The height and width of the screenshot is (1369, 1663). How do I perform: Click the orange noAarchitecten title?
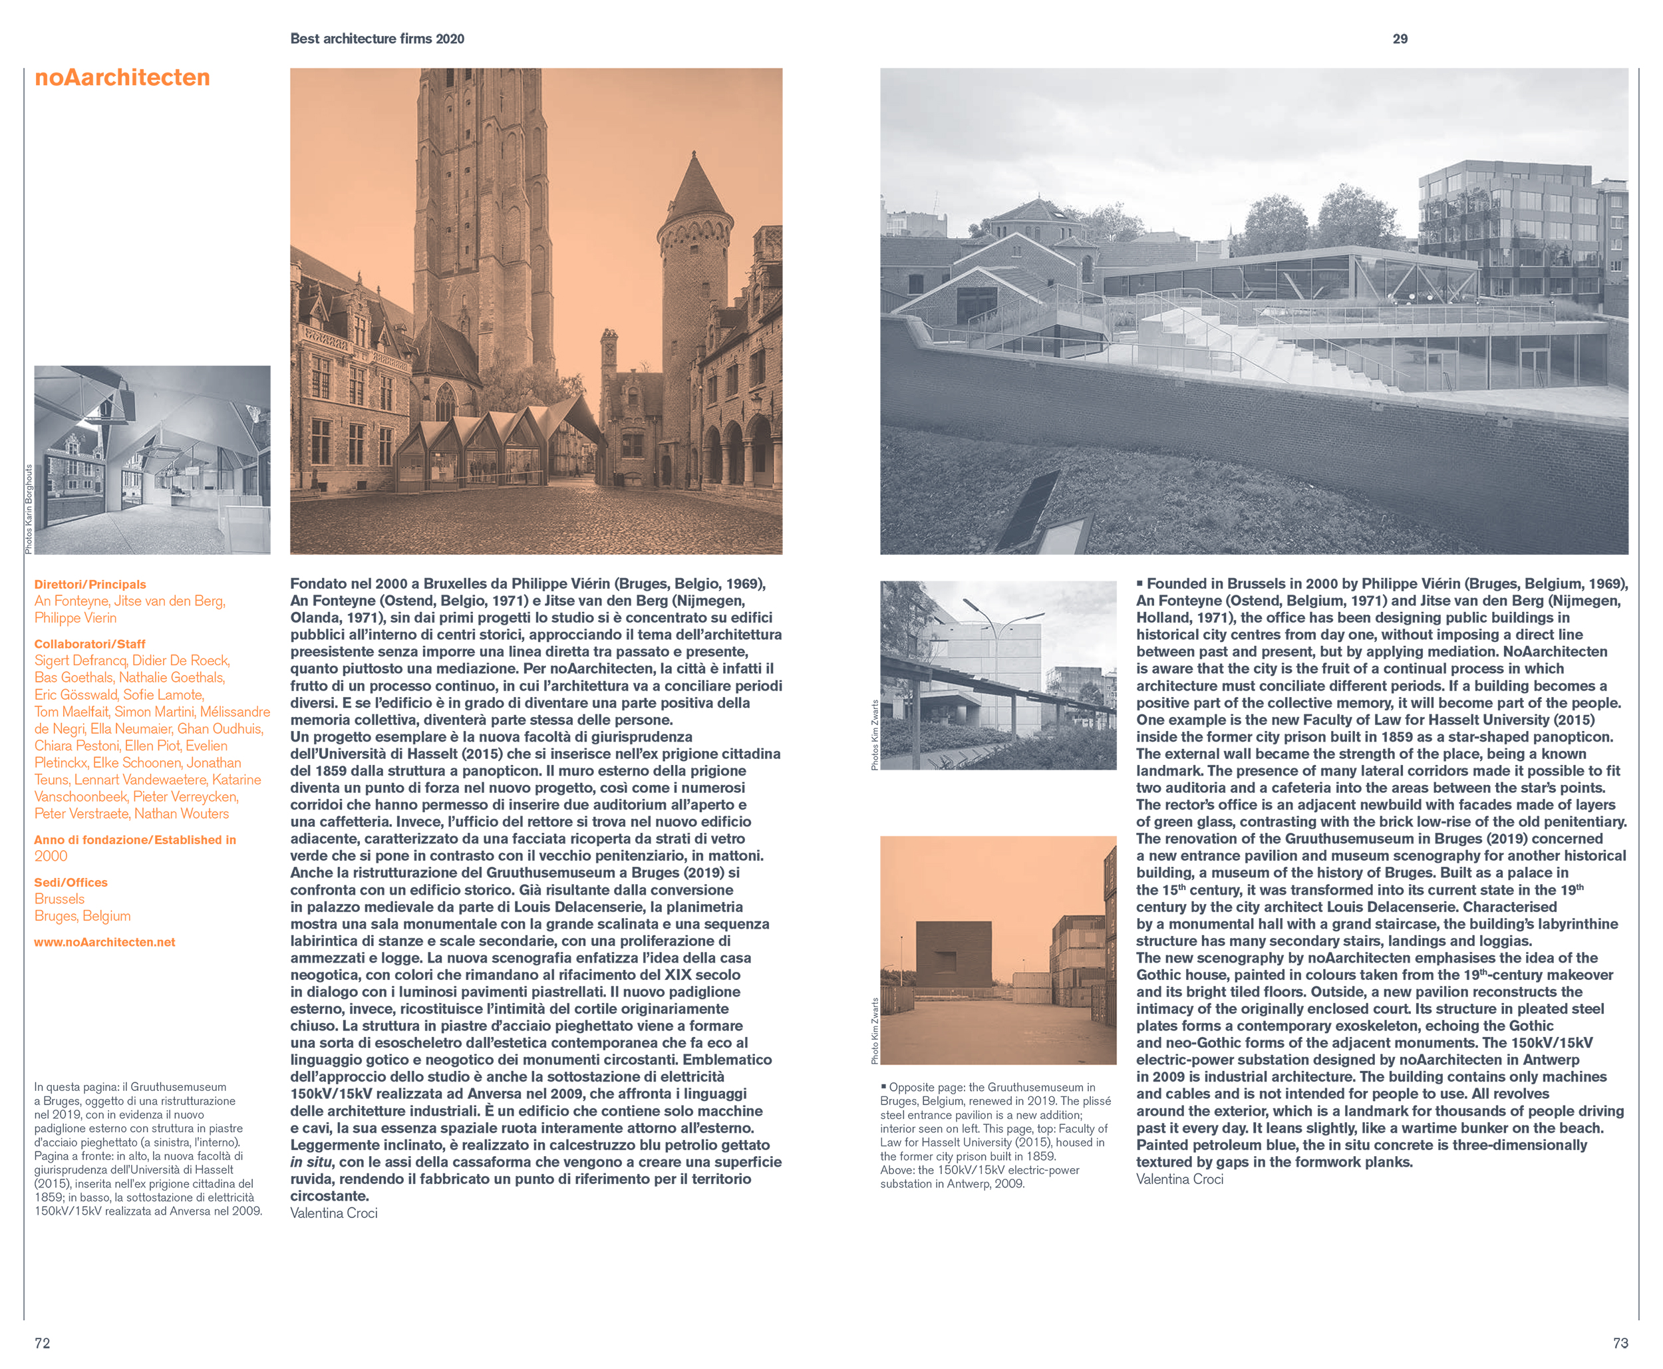tap(122, 77)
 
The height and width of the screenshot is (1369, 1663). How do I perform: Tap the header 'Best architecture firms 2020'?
tap(377, 39)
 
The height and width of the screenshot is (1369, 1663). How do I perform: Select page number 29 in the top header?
tap(1400, 39)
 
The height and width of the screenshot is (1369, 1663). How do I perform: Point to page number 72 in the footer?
tap(42, 1343)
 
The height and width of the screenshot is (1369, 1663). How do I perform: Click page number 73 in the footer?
tap(1620, 1343)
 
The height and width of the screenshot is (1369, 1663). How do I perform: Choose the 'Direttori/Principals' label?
tap(90, 584)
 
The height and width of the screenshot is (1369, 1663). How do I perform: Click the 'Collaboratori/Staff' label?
tap(89, 645)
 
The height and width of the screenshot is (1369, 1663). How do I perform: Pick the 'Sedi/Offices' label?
tap(71, 883)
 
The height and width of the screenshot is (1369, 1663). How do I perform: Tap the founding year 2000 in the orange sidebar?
tap(51, 856)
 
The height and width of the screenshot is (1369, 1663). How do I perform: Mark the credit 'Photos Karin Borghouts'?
tap(29, 509)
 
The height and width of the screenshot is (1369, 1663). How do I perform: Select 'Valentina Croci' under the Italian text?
tap(333, 1213)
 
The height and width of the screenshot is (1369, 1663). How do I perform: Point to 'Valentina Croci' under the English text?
tap(1179, 1179)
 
